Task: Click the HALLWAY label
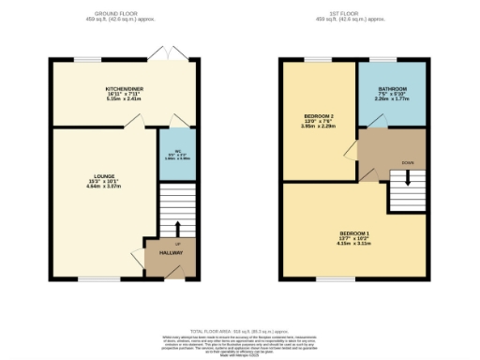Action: coord(171,253)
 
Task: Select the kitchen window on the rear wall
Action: coord(89,61)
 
